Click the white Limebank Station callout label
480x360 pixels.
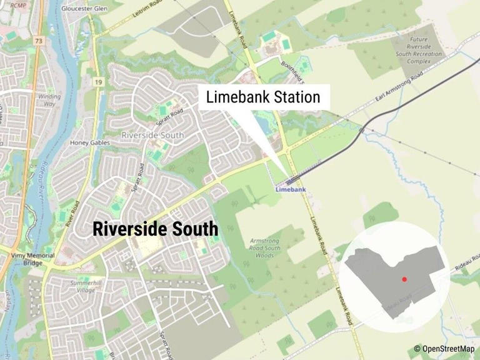(262, 97)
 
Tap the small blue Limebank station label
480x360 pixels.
(291, 188)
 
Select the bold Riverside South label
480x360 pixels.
(156, 229)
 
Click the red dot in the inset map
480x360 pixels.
(404, 279)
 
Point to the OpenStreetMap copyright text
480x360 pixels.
(444, 349)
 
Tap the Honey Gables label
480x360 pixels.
(90, 143)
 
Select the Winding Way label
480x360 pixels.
(49, 101)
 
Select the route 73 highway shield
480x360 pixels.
(39, 41)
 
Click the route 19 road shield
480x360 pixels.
(98, 81)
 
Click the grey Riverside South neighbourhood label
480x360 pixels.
(152, 135)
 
